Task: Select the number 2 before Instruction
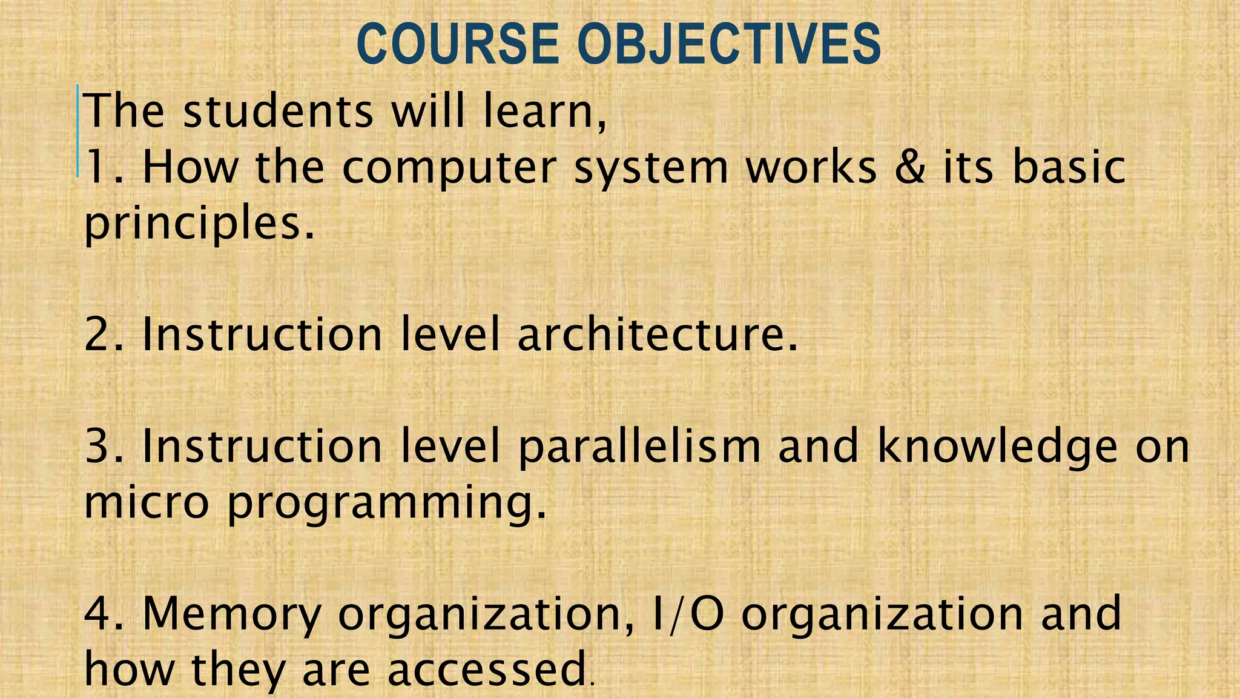coord(97,334)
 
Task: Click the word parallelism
coord(639,448)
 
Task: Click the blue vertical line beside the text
coord(78,131)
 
